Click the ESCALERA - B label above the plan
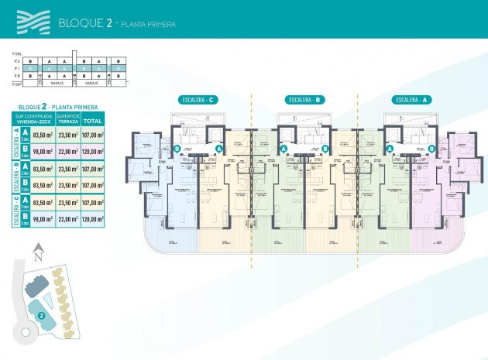coord(304,100)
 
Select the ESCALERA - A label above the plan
coord(411,100)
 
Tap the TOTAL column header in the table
coord(93,121)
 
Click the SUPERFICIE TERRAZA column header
coord(68,118)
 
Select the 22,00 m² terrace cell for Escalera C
coord(69,219)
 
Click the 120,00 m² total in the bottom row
coord(93,219)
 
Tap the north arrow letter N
coord(36,251)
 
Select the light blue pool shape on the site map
coord(47,299)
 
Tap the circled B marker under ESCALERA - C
coord(177,149)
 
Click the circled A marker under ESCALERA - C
coord(219,149)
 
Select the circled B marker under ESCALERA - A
coord(431,149)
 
